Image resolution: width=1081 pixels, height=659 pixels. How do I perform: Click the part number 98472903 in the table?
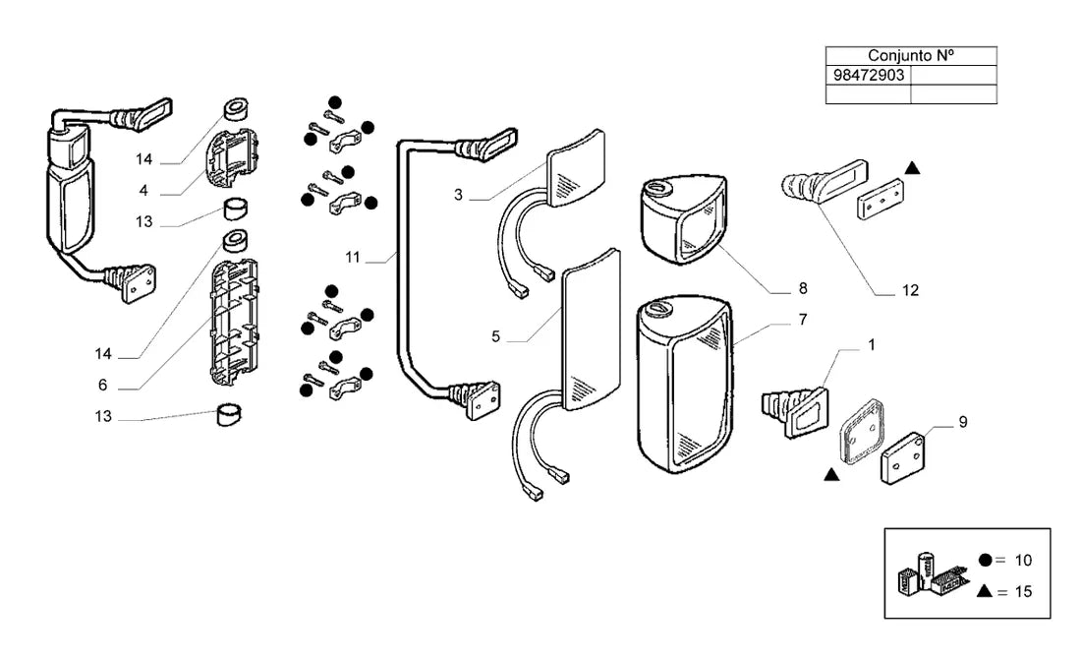(868, 75)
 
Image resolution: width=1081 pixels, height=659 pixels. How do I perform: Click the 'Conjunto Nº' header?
(911, 56)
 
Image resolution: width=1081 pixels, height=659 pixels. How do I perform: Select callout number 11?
(353, 258)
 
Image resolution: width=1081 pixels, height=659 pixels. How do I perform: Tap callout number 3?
(459, 196)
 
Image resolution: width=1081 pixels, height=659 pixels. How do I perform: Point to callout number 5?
(495, 336)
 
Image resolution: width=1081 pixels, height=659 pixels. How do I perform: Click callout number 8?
(803, 288)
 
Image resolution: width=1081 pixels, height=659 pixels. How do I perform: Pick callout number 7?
(803, 320)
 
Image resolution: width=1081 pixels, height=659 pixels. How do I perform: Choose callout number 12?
(911, 290)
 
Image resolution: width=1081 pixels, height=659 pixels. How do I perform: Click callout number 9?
(963, 422)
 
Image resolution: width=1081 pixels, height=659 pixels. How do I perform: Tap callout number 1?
(872, 344)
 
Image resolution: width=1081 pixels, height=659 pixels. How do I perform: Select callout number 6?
(103, 385)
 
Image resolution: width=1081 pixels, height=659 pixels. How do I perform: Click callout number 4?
(143, 191)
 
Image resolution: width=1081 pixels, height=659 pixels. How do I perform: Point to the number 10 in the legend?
(1023, 561)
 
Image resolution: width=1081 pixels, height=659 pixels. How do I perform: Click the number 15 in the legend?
(1023, 592)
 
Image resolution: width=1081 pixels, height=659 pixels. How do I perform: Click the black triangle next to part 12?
(912, 167)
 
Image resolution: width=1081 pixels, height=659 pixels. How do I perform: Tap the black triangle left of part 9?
(831, 474)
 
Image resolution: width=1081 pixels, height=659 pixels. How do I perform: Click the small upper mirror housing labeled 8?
(684, 218)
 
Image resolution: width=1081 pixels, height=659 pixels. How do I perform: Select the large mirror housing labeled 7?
(685, 385)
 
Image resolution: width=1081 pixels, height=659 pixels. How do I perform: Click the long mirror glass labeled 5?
(592, 329)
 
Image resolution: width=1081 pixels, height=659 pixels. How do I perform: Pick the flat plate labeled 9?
(903, 458)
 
